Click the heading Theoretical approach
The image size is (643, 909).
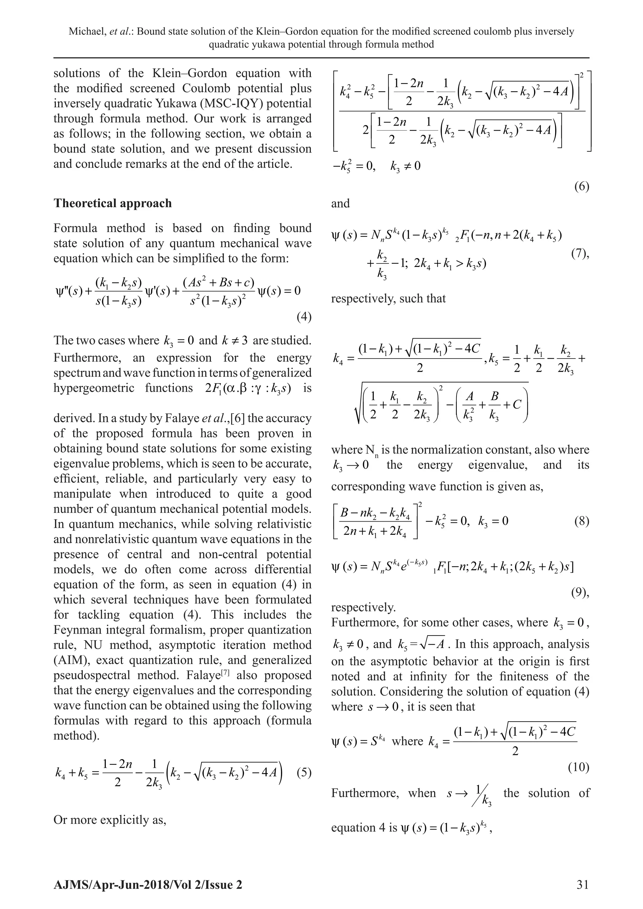pyautogui.click(x=112, y=203)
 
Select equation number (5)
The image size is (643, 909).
pyautogui.click(x=304, y=773)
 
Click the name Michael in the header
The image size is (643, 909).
pyautogui.click(x=85, y=32)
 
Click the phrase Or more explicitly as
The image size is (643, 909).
pyautogui.click(x=110, y=820)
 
